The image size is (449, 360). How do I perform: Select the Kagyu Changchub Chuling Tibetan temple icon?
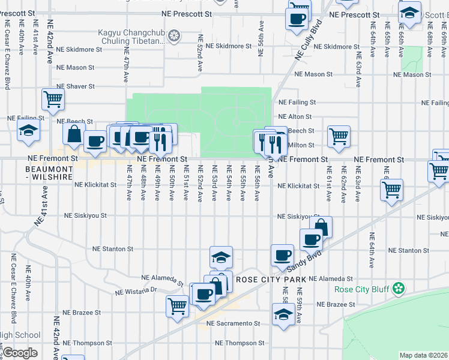coord(174,37)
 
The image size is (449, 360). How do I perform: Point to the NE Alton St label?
coord(295,116)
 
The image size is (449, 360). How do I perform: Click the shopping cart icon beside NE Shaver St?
coord(53,100)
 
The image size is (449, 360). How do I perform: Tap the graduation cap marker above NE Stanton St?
coord(221,257)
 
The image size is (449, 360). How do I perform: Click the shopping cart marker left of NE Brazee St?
coord(178,306)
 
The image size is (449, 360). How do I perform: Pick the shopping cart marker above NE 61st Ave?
coord(339,137)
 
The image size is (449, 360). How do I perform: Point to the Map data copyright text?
coord(423,355)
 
